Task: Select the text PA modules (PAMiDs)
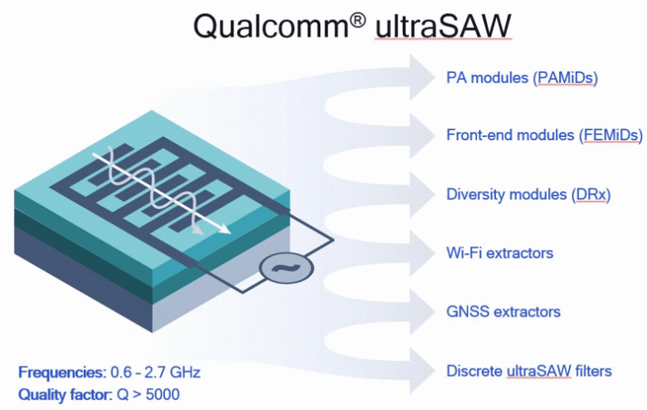(x=522, y=78)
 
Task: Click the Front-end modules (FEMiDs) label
(x=544, y=136)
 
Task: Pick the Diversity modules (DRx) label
(x=528, y=194)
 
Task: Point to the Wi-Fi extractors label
(x=499, y=252)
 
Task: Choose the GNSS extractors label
(x=503, y=312)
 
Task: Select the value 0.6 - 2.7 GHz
(x=156, y=372)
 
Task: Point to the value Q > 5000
(x=146, y=393)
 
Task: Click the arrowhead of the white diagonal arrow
(x=224, y=233)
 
